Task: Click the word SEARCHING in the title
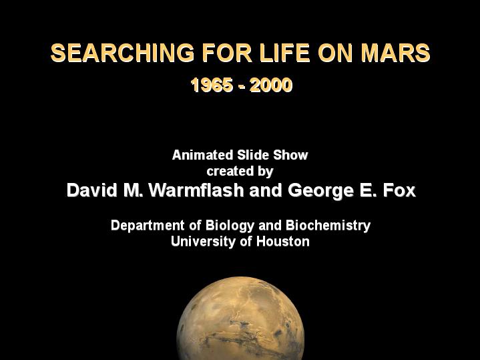pos(122,53)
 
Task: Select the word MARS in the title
pos(395,53)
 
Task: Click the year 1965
pos(212,85)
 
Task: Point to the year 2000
pos(271,85)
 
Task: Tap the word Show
pos(290,155)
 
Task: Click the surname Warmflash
pos(196,190)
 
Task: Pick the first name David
pos(92,190)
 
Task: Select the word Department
pos(148,226)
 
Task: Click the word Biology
pos(230,226)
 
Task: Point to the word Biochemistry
pos(328,226)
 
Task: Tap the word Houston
pos(283,241)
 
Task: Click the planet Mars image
pos(240,319)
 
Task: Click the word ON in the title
pos(336,53)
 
